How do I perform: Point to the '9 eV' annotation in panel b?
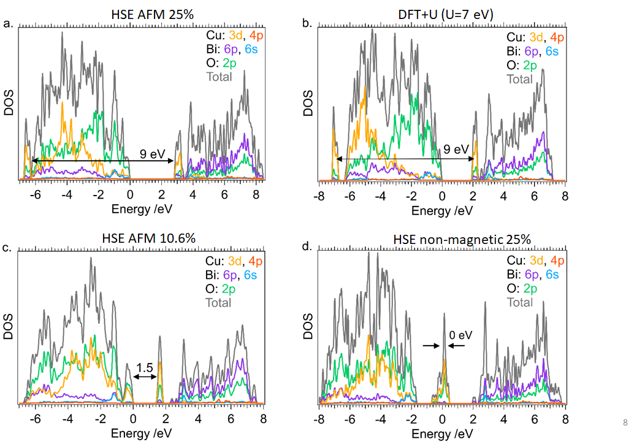point(456,149)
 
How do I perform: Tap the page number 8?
point(625,422)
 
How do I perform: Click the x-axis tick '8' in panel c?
point(263,420)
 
